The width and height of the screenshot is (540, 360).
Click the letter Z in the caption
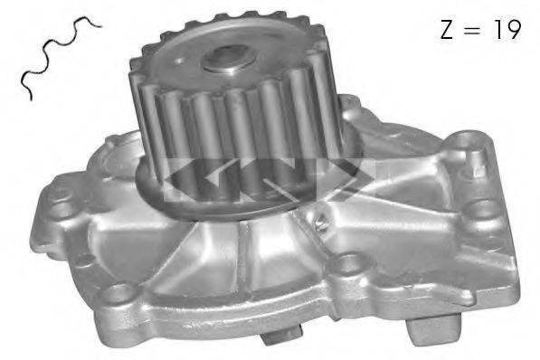(446, 29)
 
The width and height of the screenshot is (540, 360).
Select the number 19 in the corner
(507, 29)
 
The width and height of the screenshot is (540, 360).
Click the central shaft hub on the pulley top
(225, 59)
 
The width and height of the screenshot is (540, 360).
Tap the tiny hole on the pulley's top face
(179, 61)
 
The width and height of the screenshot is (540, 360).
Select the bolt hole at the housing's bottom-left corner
(118, 293)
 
